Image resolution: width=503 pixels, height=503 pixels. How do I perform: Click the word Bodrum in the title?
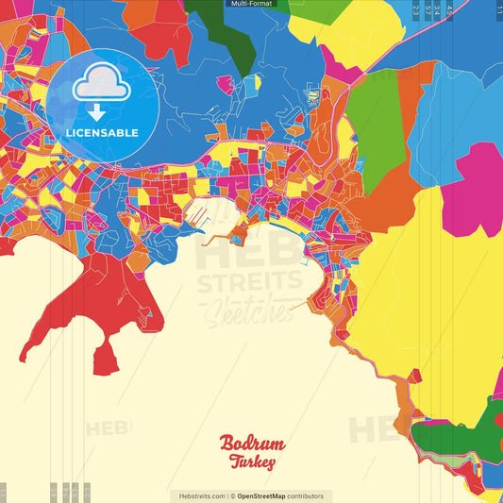pyautogui.click(x=252, y=444)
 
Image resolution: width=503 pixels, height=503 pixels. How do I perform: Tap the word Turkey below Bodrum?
pyautogui.click(x=252, y=462)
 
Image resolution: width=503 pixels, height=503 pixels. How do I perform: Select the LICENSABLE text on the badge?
pyautogui.click(x=101, y=132)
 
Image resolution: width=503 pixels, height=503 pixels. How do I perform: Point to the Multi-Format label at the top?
pyautogui.click(x=251, y=4)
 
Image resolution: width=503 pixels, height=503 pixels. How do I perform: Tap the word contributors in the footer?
pyautogui.click(x=306, y=495)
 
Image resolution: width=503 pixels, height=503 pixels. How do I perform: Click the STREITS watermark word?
pyautogui.click(x=249, y=280)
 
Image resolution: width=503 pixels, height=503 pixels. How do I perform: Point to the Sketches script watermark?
pyautogui.click(x=249, y=310)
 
